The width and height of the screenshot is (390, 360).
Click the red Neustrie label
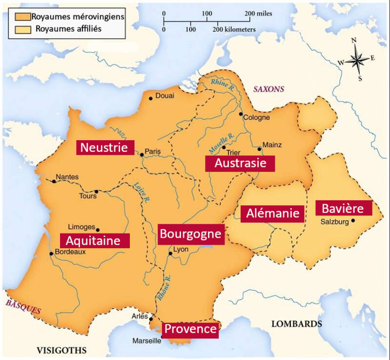point(104,147)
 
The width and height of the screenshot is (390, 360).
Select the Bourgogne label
point(191,234)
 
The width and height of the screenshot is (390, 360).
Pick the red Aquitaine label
point(95,240)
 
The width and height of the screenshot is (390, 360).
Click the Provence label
point(190,329)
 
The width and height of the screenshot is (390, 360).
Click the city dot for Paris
point(142,155)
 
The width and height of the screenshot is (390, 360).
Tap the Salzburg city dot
point(353,221)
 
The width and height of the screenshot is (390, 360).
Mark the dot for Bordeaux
point(51,253)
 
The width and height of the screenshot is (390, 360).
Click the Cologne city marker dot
point(241,114)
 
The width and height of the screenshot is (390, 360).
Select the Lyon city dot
point(170,254)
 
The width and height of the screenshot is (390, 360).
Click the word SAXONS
point(268,89)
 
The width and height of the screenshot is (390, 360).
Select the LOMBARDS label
point(296,324)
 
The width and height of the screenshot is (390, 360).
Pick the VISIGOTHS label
point(62,350)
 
